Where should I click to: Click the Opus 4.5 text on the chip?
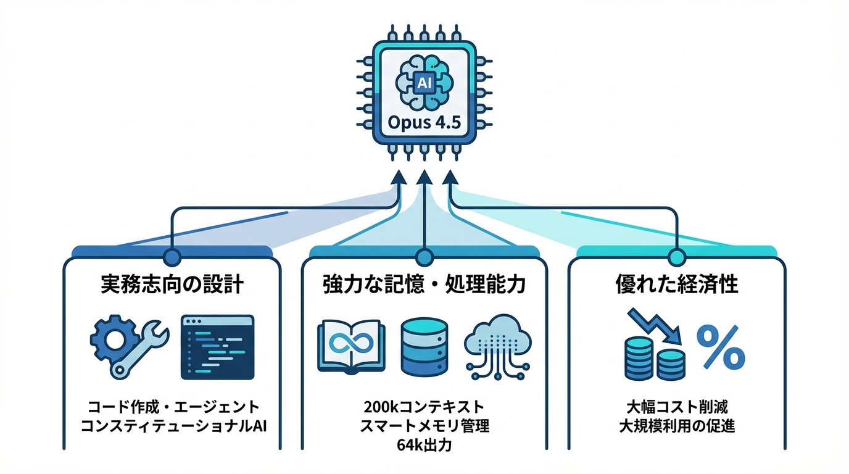(424, 122)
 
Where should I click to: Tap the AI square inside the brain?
(424, 83)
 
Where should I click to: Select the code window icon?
(217, 347)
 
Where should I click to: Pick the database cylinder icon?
(424, 347)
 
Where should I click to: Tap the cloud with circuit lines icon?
(497, 347)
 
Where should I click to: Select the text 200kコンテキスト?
(424, 407)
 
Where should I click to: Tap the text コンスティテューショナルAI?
(172, 426)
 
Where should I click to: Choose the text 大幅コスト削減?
(677, 407)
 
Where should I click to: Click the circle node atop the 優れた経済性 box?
(677, 256)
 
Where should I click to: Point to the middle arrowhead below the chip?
(424, 178)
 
